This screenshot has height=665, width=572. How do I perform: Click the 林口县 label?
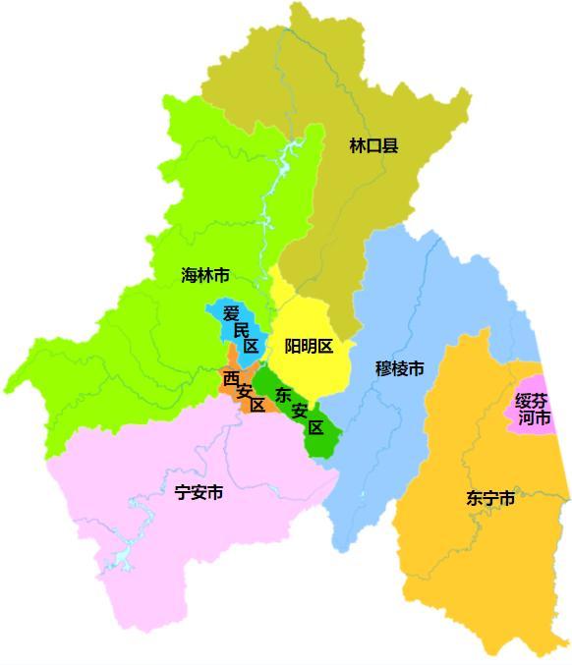click(x=373, y=146)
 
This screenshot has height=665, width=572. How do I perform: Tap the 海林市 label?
click(x=205, y=275)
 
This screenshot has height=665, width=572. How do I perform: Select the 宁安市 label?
click(x=198, y=492)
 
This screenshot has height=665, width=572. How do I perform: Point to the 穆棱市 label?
click(x=400, y=368)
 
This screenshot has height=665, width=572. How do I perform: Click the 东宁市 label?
click(x=490, y=498)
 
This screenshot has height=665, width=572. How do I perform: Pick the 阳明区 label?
click(x=309, y=346)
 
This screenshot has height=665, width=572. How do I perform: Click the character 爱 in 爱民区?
click(x=231, y=313)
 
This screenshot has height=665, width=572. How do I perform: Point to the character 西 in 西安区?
click(x=230, y=378)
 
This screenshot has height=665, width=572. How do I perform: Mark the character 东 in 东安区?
click(x=284, y=396)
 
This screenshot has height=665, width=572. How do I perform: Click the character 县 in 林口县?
click(x=390, y=146)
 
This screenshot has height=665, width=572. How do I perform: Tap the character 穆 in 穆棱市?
click(x=383, y=368)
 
